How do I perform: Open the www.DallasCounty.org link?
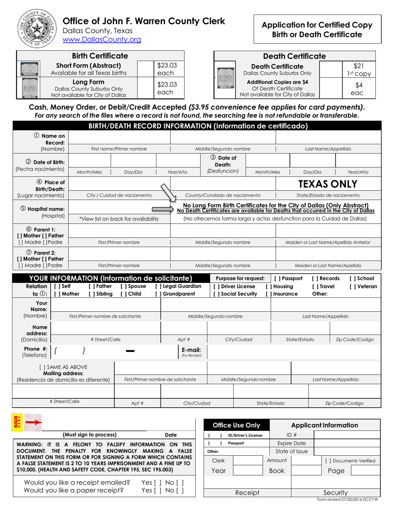[102, 40]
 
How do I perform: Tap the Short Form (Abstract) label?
[89, 66]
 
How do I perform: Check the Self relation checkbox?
[56, 286]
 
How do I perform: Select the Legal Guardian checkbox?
[158, 286]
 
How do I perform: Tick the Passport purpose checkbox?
[277, 278]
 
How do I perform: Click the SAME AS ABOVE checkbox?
[41, 367]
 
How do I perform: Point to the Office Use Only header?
[236, 425]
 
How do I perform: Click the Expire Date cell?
[291, 443]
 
